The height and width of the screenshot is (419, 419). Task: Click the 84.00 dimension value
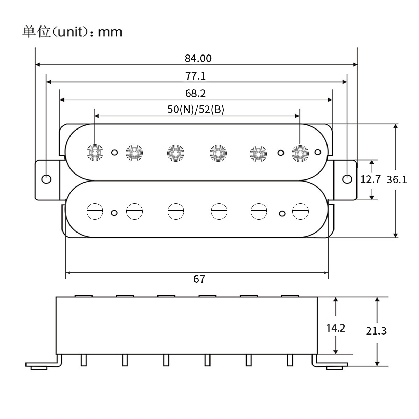click(198, 58)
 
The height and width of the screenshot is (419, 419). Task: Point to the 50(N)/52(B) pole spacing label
click(196, 110)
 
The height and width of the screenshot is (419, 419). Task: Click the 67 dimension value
click(199, 279)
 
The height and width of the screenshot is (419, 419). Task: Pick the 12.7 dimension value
click(370, 180)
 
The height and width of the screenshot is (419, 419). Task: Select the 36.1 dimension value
click(397, 180)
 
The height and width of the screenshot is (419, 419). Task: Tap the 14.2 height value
click(336, 328)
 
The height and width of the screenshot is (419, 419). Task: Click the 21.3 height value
click(376, 331)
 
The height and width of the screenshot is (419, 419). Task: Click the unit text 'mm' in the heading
click(110, 32)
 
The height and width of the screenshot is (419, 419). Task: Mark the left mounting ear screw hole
click(46, 179)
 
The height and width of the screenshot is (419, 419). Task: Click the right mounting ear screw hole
click(347, 179)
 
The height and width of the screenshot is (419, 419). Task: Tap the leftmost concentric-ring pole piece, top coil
click(95, 152)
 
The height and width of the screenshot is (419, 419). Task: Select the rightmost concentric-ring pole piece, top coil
click(300, 152)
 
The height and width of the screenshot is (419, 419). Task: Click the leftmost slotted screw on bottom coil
click(95, 211)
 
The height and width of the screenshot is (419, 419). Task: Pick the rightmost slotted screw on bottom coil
click(300, 211)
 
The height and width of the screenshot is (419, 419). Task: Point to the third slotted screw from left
click(176, 211)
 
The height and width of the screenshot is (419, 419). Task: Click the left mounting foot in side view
click(38, 367)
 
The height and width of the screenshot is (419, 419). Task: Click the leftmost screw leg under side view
click(83, 360)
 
